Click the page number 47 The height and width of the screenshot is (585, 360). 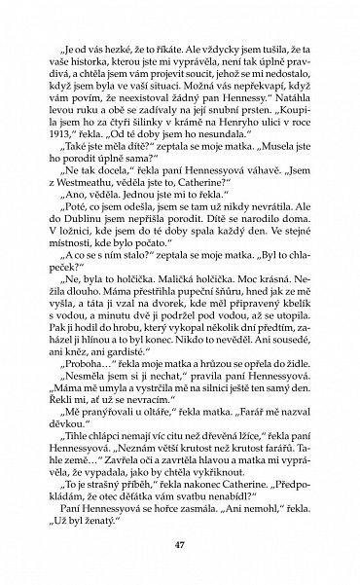tap(180, 542)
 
